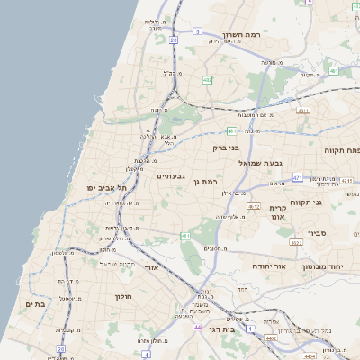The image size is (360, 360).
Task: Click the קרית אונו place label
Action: click(277, 212)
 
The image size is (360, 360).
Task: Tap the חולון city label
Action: click(123, 296)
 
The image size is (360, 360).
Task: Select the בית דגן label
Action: click(239, 331)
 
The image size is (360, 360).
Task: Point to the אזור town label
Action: click(151, 267)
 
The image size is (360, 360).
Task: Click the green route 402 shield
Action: click(207, 80)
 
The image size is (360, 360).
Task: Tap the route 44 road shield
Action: click(196, 328)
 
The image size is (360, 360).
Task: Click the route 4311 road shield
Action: click(302, 111)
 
